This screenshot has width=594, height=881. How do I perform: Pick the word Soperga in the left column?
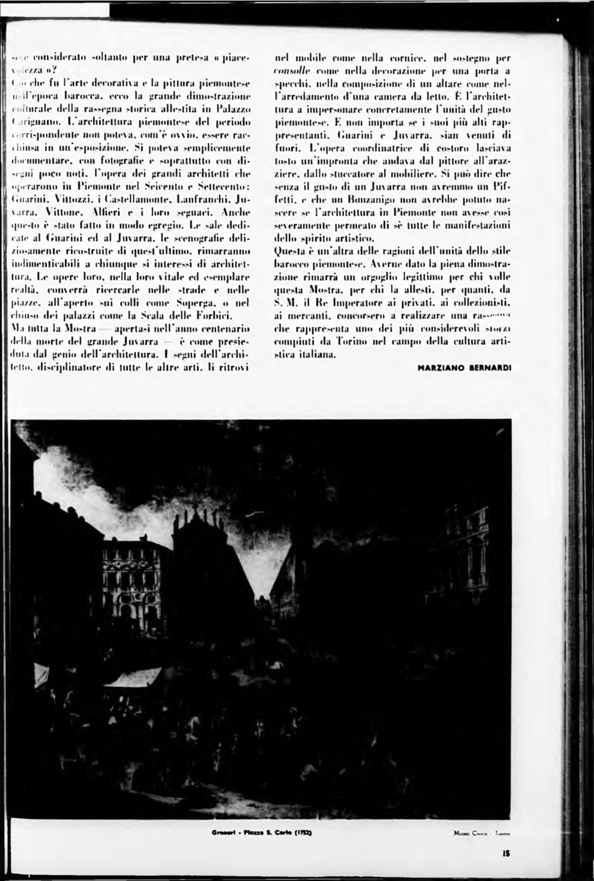(x=194, y=302)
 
